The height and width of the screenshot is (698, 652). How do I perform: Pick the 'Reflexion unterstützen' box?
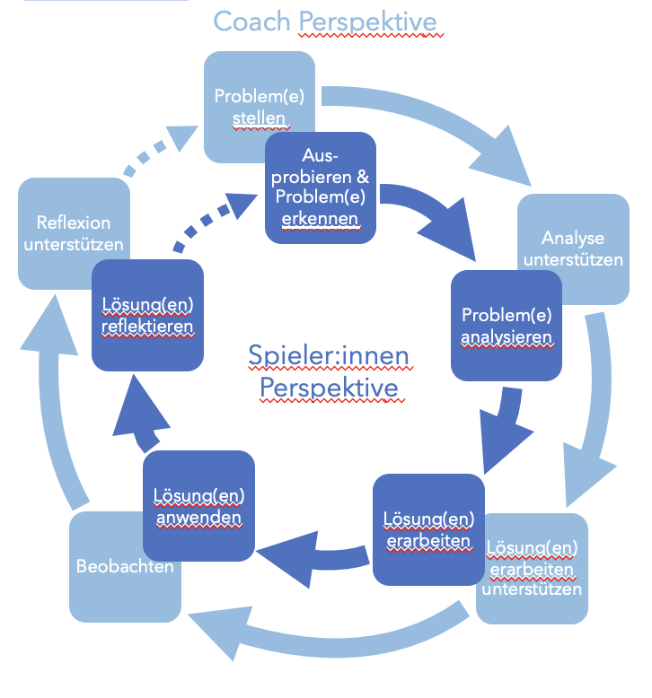[74, 232]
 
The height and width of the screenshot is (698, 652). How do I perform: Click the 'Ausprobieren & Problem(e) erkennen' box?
[320, 187]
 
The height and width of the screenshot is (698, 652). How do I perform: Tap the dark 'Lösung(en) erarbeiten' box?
[427, 529]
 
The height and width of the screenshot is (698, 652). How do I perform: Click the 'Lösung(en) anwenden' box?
[198, 506]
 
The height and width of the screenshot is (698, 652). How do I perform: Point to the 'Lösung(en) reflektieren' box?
[147, 315]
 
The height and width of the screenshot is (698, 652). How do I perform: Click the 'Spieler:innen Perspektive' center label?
[329, 372]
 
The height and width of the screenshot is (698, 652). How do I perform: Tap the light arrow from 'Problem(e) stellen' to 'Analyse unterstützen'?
[431, 117]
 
